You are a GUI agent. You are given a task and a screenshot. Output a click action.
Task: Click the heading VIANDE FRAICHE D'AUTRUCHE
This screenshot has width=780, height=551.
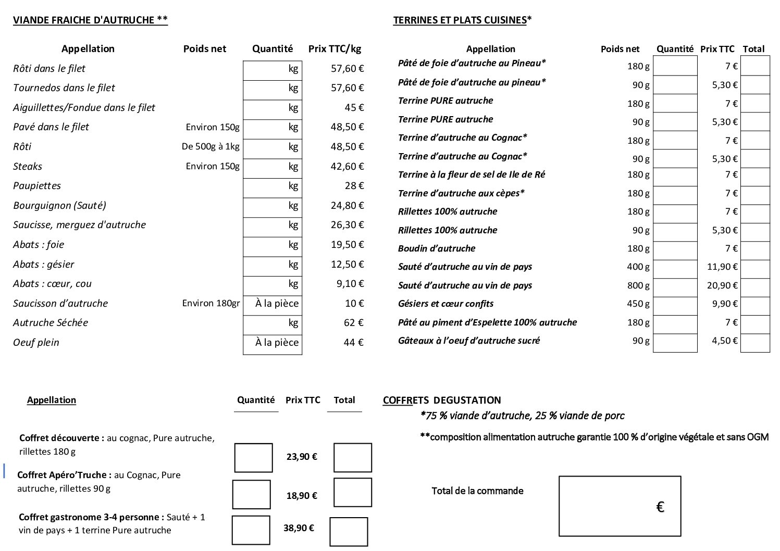[90, 20]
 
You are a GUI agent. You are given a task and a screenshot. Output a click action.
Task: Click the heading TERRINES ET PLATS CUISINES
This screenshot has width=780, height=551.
[462, 20]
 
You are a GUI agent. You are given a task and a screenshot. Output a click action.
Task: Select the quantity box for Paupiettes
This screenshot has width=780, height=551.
[272, 186]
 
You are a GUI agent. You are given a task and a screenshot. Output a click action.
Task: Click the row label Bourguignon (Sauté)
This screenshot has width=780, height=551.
[59, 205]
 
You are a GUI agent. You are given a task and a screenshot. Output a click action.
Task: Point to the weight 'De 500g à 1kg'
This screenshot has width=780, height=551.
[211, 146]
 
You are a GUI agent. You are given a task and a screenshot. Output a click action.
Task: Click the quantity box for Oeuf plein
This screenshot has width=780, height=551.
[272, 343]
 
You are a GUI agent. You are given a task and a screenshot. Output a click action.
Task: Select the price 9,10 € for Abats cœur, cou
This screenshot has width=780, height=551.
[350, 284]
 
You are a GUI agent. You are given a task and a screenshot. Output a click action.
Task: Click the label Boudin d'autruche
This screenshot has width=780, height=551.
[437, 248]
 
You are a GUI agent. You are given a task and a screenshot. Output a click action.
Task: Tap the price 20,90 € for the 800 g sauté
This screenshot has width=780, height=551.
[722, 285]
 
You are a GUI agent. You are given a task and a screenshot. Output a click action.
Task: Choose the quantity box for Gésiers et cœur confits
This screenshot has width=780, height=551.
[675, 306]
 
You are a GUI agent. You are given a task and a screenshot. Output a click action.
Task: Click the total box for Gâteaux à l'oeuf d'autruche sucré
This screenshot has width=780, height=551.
[755, 343]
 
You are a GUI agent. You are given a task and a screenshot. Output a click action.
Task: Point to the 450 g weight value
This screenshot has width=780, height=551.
[638, 304]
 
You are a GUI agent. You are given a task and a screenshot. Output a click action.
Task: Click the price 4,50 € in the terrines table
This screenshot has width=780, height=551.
[725, 341]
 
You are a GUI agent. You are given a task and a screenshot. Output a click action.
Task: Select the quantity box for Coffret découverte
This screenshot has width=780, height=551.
[253, 458]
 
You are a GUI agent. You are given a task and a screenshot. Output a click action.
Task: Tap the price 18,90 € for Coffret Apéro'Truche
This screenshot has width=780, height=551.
[302, 495]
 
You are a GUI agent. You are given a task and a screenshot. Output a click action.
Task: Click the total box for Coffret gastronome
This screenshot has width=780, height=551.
[349, 532]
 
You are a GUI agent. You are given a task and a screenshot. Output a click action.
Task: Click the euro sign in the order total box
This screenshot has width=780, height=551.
[660, 507]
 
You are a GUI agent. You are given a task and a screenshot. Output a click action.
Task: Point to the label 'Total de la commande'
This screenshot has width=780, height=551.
[477, 491]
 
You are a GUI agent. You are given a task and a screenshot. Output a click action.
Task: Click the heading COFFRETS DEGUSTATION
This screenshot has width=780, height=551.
[442, 400]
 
